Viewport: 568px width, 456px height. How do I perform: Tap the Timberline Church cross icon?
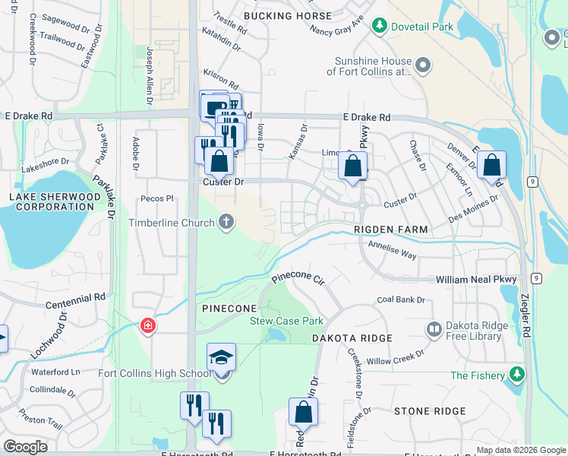click(x=226, y=223)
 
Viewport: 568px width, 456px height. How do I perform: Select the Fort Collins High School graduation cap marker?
click(x=221, y=356)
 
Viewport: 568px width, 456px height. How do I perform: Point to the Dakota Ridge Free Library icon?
click(x=434, y=329)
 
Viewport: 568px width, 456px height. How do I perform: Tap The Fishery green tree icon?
click(x=518, y=375)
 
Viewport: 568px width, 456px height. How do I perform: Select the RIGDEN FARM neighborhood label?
click(x=391, y=230)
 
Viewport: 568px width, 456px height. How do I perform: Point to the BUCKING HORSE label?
click(x=287, y=16)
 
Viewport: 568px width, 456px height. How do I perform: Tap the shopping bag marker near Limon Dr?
click(x=353, y=166)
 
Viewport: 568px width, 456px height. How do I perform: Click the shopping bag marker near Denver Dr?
click(x=492, y=166)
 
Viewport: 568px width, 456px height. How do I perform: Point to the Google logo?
click(x=25, y=447)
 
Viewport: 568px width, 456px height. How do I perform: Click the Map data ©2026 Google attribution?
click(x=520, y=450)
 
